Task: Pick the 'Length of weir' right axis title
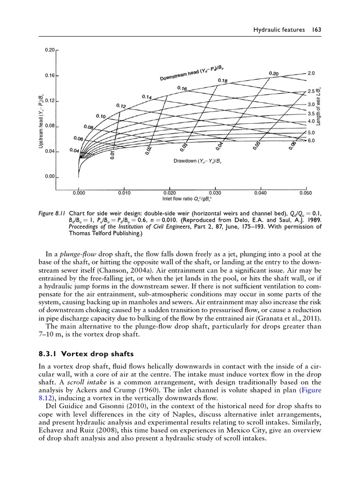click(x=318, y=106)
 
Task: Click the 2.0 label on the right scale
click(x=311, y=74)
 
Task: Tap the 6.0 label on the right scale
click(x=311, y=140)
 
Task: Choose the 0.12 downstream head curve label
click(x=121, y=106)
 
